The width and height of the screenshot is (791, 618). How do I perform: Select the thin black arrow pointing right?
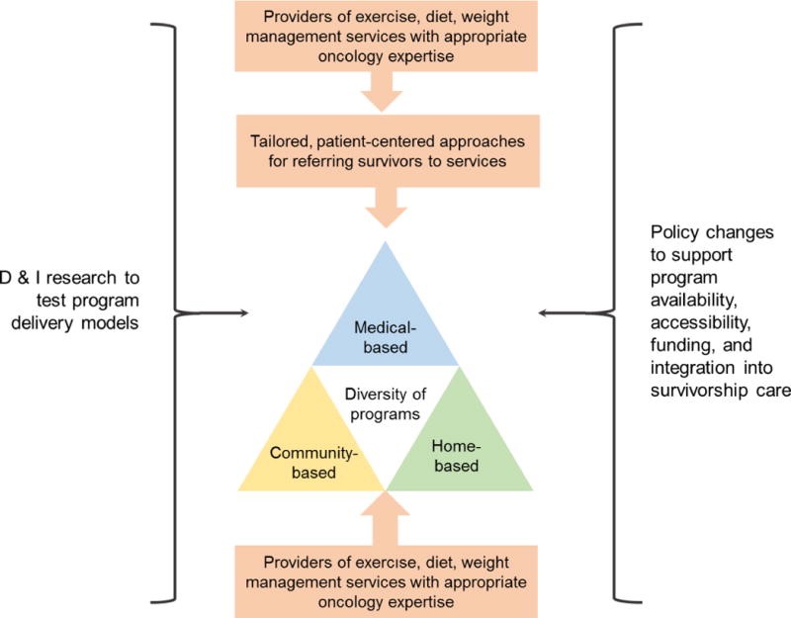tap(209, 314)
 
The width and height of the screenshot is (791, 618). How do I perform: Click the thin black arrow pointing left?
tap(573, 315)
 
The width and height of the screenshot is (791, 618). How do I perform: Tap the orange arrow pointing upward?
tap(386, 514)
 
